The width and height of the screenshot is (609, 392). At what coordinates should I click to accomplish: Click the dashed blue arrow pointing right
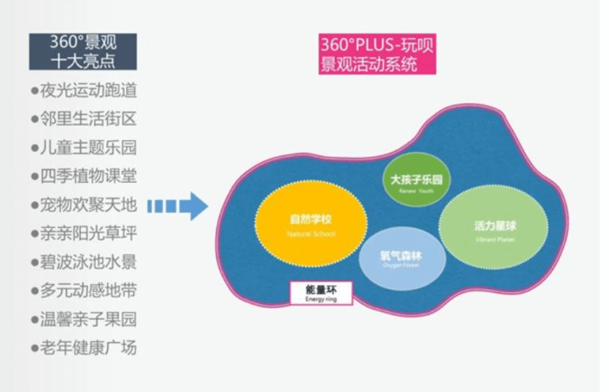pos(182,206)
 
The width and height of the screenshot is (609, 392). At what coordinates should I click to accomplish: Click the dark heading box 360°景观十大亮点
pos(82,51)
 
